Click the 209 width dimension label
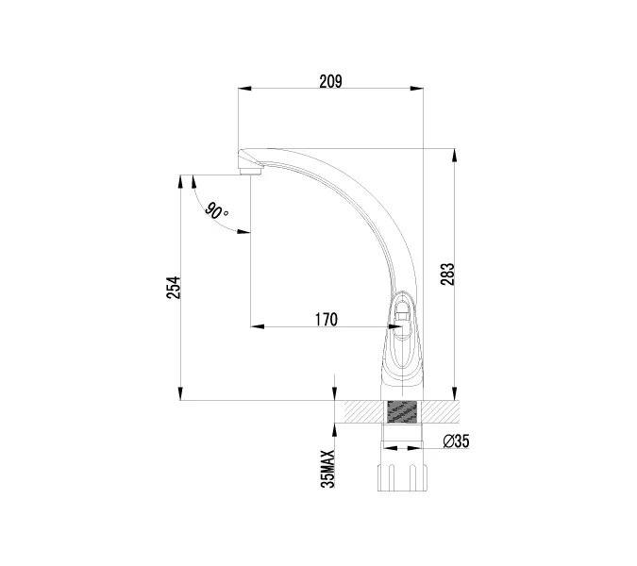point(330,81)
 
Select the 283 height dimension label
point(448,274)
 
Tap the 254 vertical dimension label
point(173,288)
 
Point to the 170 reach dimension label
point(326,319)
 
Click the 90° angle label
point(216,211)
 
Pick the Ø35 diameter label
point(456,441)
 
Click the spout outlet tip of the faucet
point(250,170)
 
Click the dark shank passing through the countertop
point(402,412)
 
